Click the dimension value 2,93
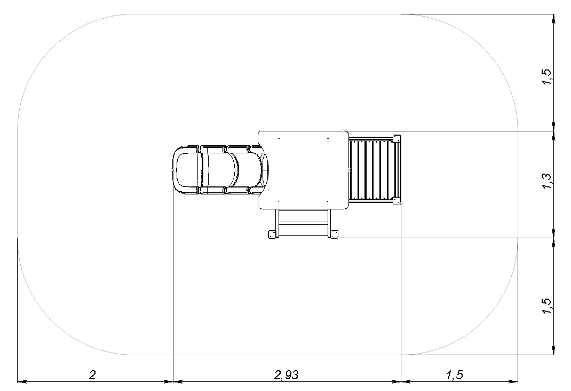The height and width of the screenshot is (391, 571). coord(287,374)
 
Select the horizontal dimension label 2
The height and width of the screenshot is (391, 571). coord(93,374)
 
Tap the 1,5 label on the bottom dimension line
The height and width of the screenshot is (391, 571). coord(455,374)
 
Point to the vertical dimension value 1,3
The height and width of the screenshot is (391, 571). coord(547,181)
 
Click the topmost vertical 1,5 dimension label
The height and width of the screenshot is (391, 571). coord(547,76)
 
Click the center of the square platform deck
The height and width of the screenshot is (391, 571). coord(303,170)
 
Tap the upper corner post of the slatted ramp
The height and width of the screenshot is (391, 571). coord(396,138)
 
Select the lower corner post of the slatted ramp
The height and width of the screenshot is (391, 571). coord(396,201)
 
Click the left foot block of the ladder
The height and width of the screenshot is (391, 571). coord(272,234)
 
